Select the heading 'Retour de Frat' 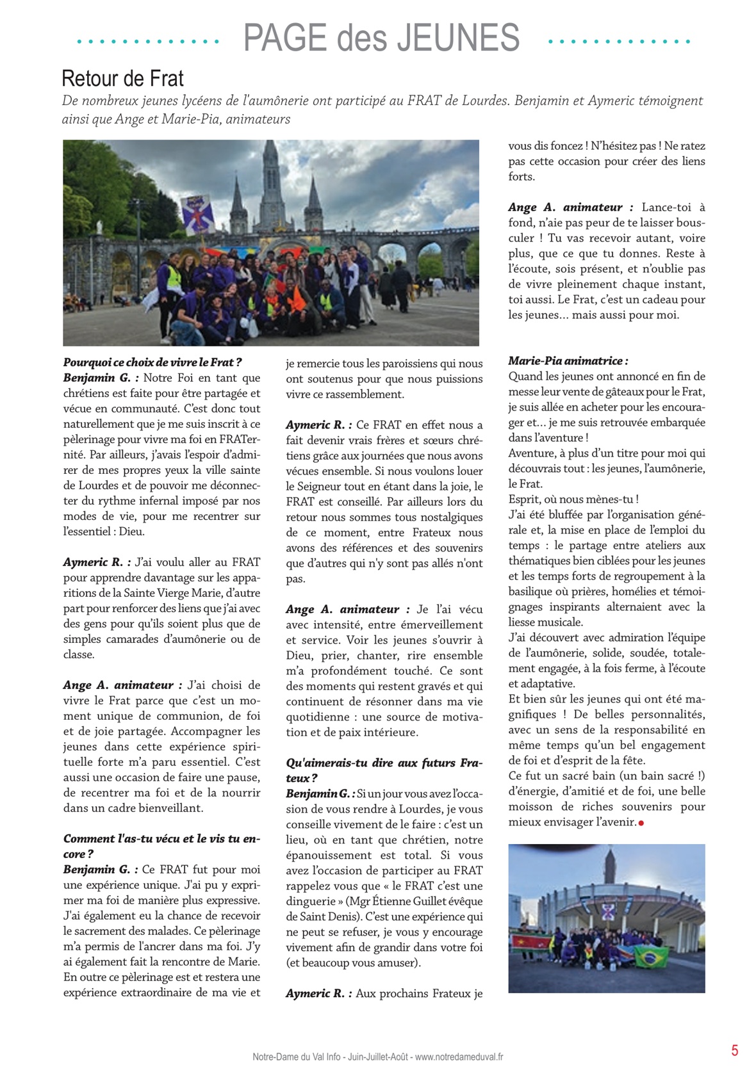(x=122, y=79)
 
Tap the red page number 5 (x=734, y=1050)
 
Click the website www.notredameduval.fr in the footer (x=459, y=1057)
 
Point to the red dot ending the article (x=641, y=823)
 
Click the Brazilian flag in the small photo (x=651, y=956)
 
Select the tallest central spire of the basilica (x=271, y=173)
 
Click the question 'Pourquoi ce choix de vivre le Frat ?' (x=152, y=362)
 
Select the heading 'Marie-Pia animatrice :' (x=568, y=361)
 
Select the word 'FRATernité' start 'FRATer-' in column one (x=241, y=439)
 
